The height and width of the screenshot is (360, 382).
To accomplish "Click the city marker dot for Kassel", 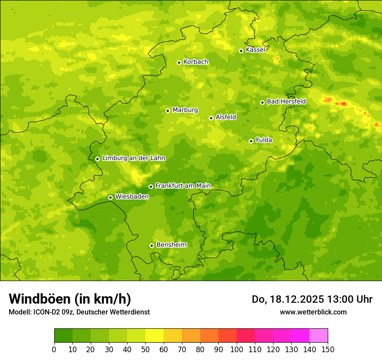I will [x=241, y=51].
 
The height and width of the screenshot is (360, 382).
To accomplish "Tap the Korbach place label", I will [x=196, y=62].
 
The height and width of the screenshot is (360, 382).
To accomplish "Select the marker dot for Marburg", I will [x=168, y=111].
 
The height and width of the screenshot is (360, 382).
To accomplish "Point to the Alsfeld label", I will [x=226, y=117].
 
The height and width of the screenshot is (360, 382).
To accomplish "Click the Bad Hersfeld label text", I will [x=286, y=101].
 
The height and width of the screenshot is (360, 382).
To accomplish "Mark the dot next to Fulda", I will [x=251, y=141].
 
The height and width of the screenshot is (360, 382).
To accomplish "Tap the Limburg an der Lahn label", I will [x=133, y=158].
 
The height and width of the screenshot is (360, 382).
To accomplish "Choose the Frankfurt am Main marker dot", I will [x=151, y=187].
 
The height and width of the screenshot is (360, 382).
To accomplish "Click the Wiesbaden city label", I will [x=132, y=197].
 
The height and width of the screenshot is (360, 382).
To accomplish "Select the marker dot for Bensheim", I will [x=151, y=245].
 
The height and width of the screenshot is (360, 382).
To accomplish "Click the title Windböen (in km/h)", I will [x=70, y=299].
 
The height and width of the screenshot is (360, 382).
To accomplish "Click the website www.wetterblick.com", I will [x=313, y=312].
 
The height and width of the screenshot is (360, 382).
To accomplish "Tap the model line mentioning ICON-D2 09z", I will [x=79, y=312].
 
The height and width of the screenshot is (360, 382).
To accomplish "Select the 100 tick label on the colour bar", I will [x=237, y=349].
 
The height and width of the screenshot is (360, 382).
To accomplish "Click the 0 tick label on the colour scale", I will [x=54, y=349].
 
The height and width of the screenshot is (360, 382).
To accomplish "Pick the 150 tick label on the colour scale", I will [x=328, y=349].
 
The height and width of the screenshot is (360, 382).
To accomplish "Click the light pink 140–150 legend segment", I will [x=319, y=336].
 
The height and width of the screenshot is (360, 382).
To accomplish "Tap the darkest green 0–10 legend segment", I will [x=63, y=336].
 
